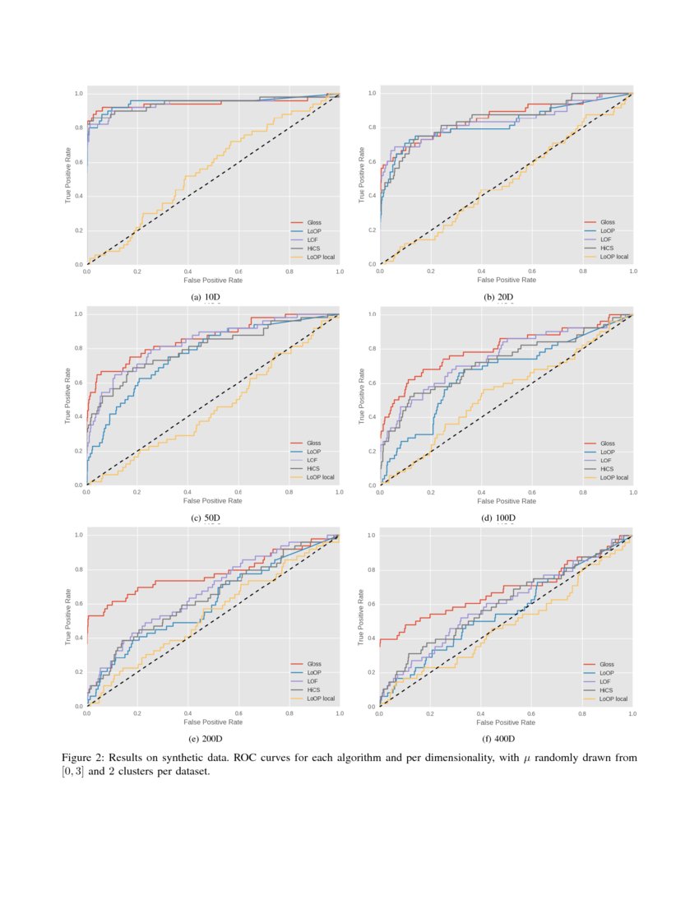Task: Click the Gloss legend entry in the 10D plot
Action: pyautogui.click(x=314, y=223)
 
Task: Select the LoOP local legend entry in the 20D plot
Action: pyautogui.click(x=614, y=257)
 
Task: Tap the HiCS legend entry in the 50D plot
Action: pyautogui.click(x=313, y=468)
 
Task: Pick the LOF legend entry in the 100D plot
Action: pyautogui.click(x=605, y=460)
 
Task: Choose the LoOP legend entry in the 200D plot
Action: pyautogui.click(x=313, y=672)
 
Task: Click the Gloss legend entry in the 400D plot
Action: pyautogui.click(x=606, y=664)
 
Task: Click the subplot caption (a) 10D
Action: pyautogui.click(x=206, y=297)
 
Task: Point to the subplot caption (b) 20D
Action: pyautogui.click(x=499, y=297)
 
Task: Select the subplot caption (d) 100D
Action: pyautogui.click(x=499, y=517)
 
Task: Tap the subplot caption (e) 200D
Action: pyautogui.click(x=206, y=739)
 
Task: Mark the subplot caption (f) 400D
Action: pyautogui.click(x=499, y=739)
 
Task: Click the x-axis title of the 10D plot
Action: pyautogui.click(x=213, y=281)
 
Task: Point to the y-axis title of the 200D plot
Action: pyautogui.click(x=68, y=617)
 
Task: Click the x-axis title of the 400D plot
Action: pyautogui.click(x=506, y=722)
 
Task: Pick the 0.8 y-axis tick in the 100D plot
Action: pyautogui.click(x=372, y=348)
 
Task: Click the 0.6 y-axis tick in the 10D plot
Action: pyautogui.click(x=79, y=162)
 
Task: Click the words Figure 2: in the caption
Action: pyautogui.click(x=86, y=757)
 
